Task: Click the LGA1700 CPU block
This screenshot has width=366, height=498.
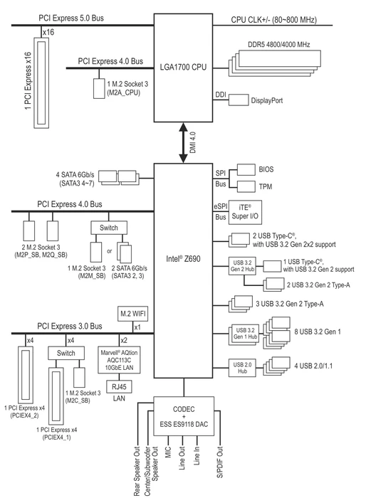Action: pyautogui.click(x=183, y=68)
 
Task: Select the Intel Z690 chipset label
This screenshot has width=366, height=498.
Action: pyautogui.click(x=183, y=258)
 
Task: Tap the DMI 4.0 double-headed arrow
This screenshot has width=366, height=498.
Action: pyautogui.click(x=184, y=143)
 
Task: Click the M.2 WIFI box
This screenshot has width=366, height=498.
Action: pyautogui.click(x=133, y=314)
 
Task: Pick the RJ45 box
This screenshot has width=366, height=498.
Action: pyautogui.click(x=119, y=386)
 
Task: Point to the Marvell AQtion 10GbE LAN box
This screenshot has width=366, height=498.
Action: pyautogui.click(x=119, y=360)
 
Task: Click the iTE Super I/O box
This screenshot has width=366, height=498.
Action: pyautogui.click(x=245, y=212)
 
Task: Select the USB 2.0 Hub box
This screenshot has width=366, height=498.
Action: pyautogui.click(x=242, y=368)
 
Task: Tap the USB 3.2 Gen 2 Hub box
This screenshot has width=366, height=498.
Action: pyautogui.click(x=242, y=266)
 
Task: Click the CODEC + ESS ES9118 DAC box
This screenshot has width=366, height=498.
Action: pyautogui.click(x=184, y=416)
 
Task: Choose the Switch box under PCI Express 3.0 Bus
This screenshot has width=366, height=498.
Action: pyautogui.click(x=66, y=353)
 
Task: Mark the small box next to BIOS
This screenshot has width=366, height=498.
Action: pyautogui.click(x=246, y=169)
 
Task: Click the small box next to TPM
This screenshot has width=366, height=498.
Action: pyautogui.click(x=246, y=186)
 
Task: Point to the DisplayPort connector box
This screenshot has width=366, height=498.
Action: pyautogui.click(x=239, y=100)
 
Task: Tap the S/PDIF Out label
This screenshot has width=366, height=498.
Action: pyautogui.click(x=220, y=462)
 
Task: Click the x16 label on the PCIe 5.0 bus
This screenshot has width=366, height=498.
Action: pyautogui.click(x=48, y=32)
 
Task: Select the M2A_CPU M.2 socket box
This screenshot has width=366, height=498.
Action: pyautogui.click(x=99, y=88)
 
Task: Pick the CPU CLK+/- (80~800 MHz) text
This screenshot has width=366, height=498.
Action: pyautogui.click(x=273, y=20)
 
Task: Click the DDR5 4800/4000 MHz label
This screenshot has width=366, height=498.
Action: pyautogui.click(x=279, y=44)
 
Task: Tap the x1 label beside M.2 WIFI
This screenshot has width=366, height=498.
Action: pyautogui.click(x=137, y=327)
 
